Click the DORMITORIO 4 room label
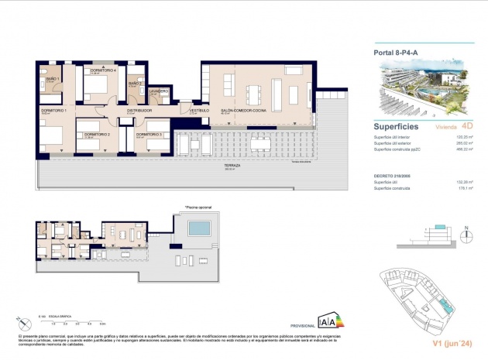(103, 70)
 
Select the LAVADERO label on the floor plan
(160, 90)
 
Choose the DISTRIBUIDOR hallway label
(139, 110)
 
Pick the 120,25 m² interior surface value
(463, 136)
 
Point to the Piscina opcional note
(198, 207)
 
